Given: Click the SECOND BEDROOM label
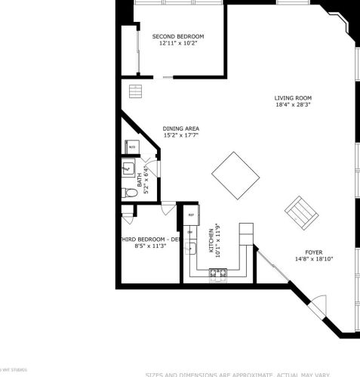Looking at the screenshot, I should click(178, 36).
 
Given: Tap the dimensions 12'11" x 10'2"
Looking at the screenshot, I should click(178, 44).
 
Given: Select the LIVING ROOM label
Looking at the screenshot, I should click(293, 98).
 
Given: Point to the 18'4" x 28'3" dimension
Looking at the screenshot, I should click(293, 106).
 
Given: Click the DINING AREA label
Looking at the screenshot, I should click(181, 128).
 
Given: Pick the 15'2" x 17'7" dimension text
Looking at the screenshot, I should click(181, 136).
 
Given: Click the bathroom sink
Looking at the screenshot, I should click(128, 169).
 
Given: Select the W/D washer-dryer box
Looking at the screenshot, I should click(131, 147).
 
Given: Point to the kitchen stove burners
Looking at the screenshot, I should click(219, 273).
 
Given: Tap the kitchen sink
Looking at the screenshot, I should click(192, 247).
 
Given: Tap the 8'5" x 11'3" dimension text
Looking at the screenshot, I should click(149, 246).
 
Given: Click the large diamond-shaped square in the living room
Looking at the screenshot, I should click(235, 175).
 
